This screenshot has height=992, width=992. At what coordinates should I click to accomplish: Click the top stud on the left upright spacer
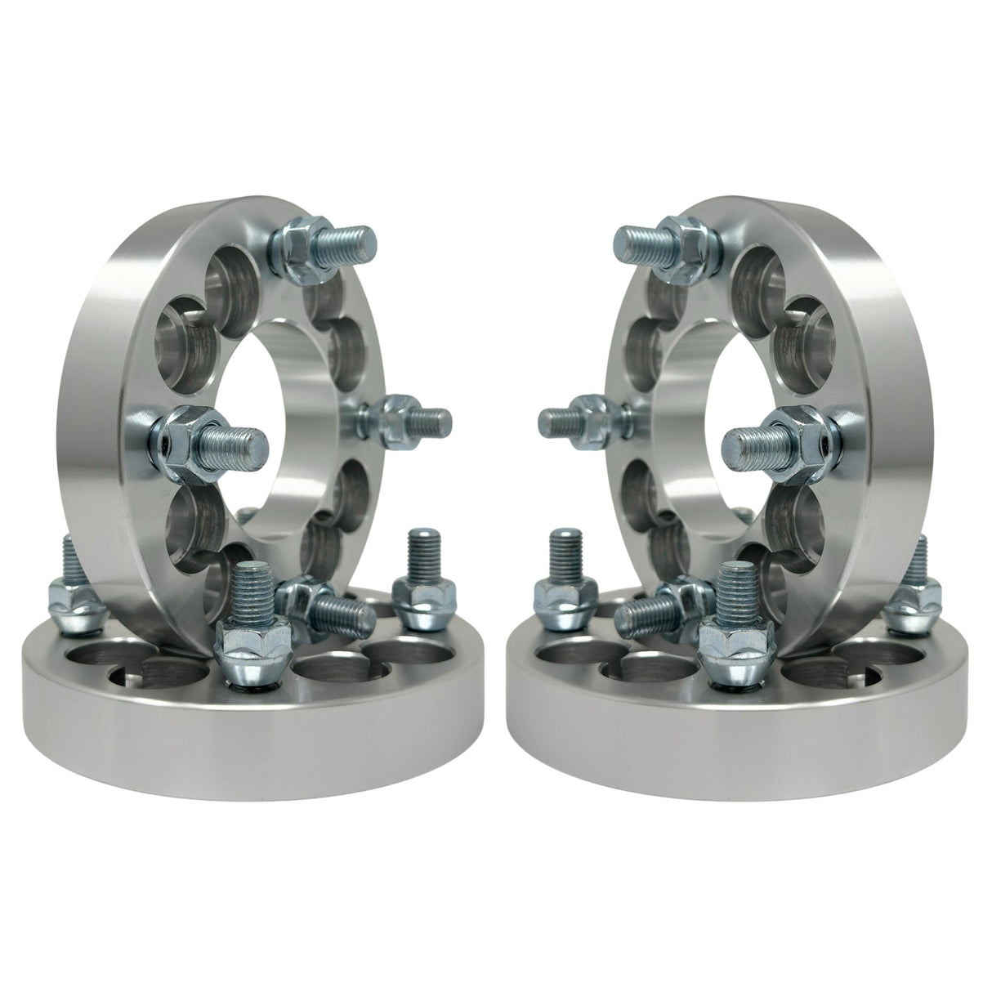point(347,240)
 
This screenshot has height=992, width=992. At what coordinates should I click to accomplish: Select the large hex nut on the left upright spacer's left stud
point(186,433)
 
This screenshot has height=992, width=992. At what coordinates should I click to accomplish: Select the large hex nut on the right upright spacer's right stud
point(805,433)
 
